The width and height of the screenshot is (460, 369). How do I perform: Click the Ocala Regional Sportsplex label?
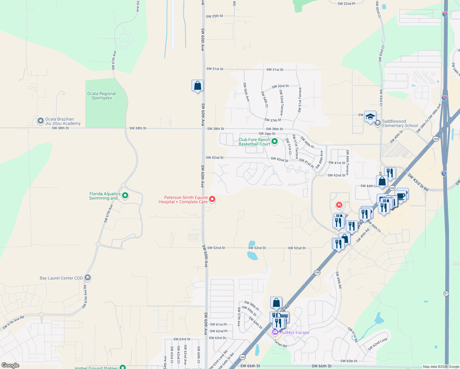pyautogui.click(x=101, y=96)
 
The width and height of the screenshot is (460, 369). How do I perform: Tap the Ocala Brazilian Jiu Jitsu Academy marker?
pyautogui.click(x=40, y=121)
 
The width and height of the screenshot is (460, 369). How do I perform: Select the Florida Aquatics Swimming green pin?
pyautogui.click(x=125, y=195)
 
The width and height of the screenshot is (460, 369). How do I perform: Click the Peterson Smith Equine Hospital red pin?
pyautogui.click(x=212, y=199)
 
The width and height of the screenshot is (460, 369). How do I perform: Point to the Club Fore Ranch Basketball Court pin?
pyautogui.click(x=275, y=141)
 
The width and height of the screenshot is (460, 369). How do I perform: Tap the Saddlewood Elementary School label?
pyautogui.click(x=400, y=123)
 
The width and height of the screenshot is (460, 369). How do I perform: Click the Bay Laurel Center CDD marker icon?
pyautogui.click(x=88, y=278)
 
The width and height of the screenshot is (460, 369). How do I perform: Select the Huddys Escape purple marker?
pyautogui.click(x=275, y=332)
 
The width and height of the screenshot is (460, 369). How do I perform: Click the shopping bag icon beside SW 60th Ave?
pyautogui.click(x=197, y=85)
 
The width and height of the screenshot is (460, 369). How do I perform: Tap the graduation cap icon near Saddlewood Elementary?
pyautogui.click(x=370, y=117)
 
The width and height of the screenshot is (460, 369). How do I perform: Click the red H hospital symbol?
pyautogui.click(x=339, y=205)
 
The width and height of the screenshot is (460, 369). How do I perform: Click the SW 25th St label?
pyautogui.click(x=214, y=16)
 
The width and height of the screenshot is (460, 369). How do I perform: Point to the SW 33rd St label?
pyautogui.click(x=280, y=86)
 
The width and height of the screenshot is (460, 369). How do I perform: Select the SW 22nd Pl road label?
pyautogui.click(x=346, y=4)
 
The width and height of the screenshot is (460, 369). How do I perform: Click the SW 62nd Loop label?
pyautogui.click(x=378, y=344)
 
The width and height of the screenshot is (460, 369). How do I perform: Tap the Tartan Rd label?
pyautogui.click(x=280, y=343)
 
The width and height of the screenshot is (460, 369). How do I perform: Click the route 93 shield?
pyautogui.click(x=446, y=293)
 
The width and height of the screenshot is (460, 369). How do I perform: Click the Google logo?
pyautogui.click(x=10, y=365)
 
